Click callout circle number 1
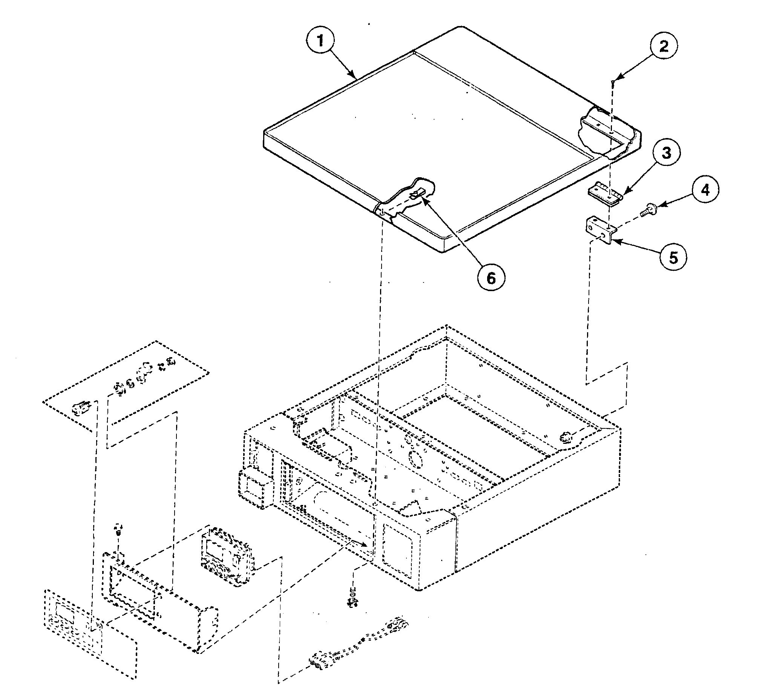(320, 41)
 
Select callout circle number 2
(664, 46)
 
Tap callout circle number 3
(666, 153)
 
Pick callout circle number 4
(705, 190)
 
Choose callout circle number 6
(491, 278)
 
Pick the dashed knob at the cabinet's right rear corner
(566, 437)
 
